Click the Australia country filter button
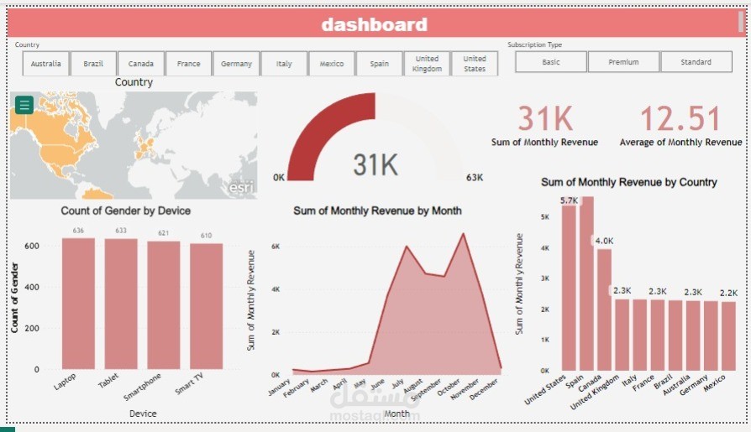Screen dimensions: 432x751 (x=45, y=63)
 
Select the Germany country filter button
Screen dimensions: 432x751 (x=236, y=63)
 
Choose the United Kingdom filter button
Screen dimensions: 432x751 (x=427, y=63)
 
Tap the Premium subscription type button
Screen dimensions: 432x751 (x=623, y=62)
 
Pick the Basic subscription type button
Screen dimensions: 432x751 (x=550, y=62)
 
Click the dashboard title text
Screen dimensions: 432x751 (x=374, y=25)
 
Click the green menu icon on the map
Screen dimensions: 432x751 (x=24, y=105)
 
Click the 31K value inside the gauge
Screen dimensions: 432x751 (x=375, y=165)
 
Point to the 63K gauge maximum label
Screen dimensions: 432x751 (x=474, y=178)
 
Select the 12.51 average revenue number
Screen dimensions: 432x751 (x=680, y=119)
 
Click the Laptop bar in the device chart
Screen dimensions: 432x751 (x=78, y=304)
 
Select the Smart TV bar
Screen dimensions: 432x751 (x=206, y=306)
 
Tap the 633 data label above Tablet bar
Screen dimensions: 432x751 (x=121, y=231)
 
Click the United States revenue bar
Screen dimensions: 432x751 (x=569, y=285)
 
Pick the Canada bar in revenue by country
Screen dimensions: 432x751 (x=604, y=310)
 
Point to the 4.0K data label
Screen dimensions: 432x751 (x=603, y=241)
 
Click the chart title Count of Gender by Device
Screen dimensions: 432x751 (x=125, y=211)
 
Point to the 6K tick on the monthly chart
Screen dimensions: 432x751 (x=274, y=247)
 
